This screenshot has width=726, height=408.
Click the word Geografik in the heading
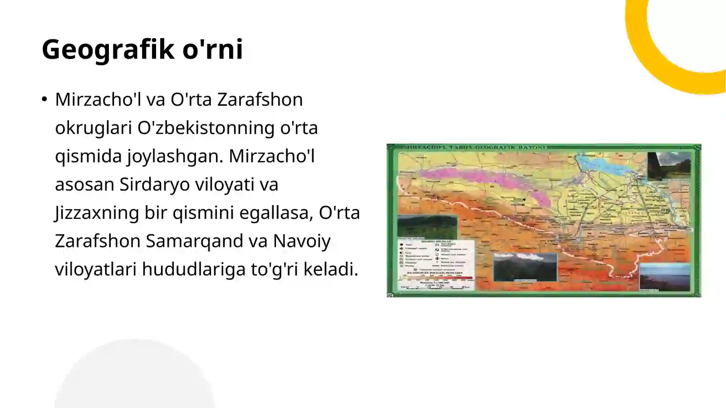coord(107,49)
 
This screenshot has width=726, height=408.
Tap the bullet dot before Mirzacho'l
coord(44,99)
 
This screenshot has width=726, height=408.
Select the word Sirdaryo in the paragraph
coord(155,184)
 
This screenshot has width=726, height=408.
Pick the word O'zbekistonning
coord(206,128)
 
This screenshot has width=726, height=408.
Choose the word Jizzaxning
coord(97,212)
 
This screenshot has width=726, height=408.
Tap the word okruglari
coord(93,128)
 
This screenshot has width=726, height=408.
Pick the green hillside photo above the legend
coord(427,226)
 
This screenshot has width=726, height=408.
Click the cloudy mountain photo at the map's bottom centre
coord(525,267)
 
